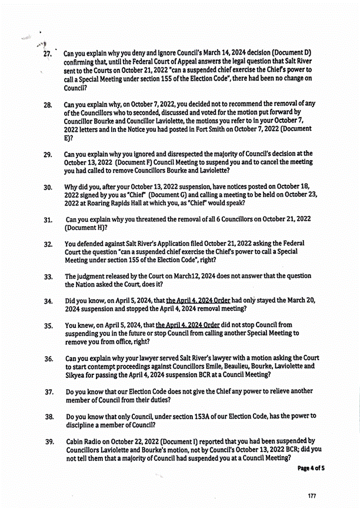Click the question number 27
48,54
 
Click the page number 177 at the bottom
312,496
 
